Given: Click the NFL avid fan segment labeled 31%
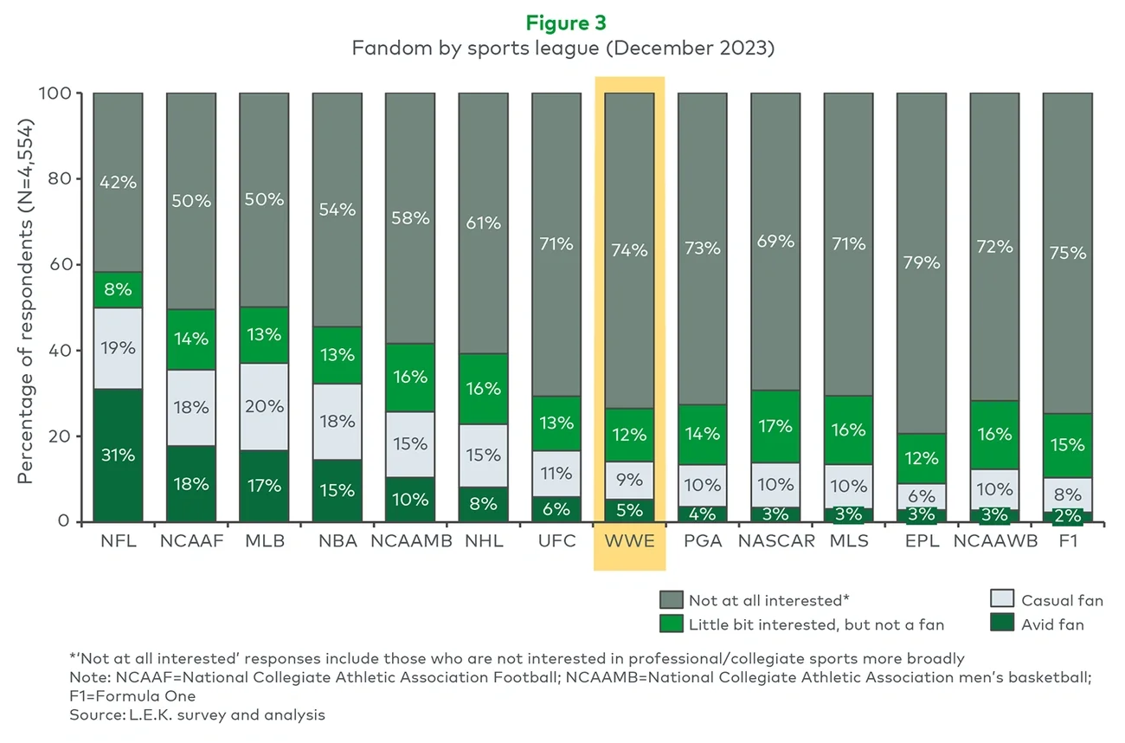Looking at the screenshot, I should pos(118,455).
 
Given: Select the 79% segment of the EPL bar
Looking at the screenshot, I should pos(921,262).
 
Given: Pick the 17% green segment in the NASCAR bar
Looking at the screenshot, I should pos(775,426).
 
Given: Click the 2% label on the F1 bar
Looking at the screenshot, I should pos(1067,516).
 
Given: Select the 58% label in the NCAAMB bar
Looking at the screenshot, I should pos(409,218).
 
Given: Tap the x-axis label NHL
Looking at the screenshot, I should pos(483,541).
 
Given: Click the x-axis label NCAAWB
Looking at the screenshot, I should pos(993,541).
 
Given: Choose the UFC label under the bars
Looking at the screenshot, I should pos(556,541).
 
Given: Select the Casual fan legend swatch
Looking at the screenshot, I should pos(1001,599).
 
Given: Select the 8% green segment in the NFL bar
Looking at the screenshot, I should pos(118,290).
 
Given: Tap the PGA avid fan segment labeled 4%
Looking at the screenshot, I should pos(702,514).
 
